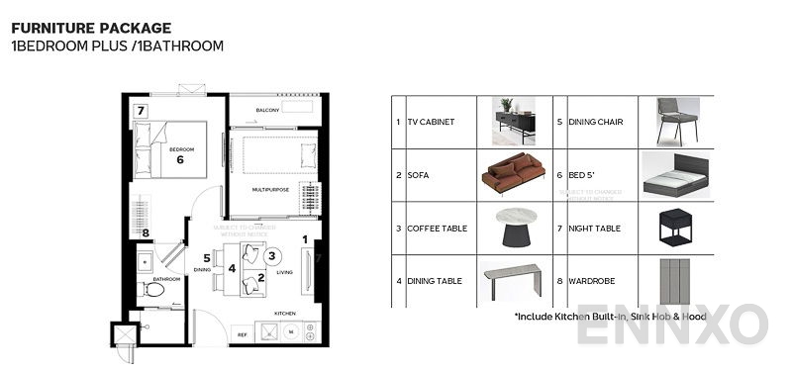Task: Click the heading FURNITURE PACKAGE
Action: pyautogui.click(x=91, y=29)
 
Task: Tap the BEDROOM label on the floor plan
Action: pyautogui.click(x=180, y=148)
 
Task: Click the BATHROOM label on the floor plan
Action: pyautogui.click(x=166, y=279)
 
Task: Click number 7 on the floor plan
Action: pyautogui.click(x=142, y=110)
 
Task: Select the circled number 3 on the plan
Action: pyautogui.click(x=271, y=255)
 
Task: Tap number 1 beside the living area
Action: pyautogui.click(x=306, y=238)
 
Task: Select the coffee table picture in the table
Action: pyautogui.click(x=513, y=228)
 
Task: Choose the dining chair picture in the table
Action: pyautogui.click(x=676, y=121)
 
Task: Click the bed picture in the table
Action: pyautogui.click(x=677, y=175)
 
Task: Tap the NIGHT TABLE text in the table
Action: pyautogui.click(x=594, y=229)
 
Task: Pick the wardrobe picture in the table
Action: pyautogui.click(x=677, y=281)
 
